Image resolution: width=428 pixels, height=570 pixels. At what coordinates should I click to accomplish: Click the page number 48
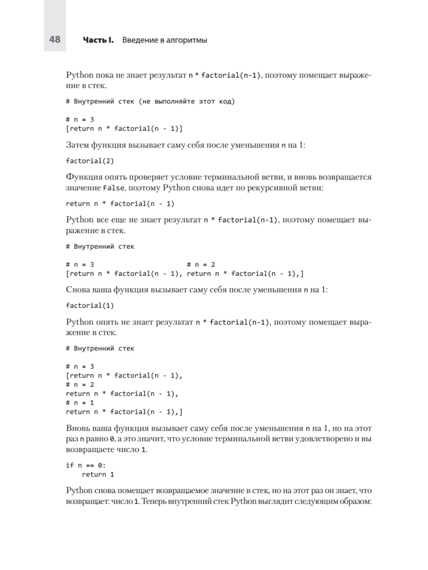[55, 39]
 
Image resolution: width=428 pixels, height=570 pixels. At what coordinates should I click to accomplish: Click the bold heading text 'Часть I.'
[98, 40]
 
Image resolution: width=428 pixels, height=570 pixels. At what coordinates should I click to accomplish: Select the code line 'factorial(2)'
[90, 161]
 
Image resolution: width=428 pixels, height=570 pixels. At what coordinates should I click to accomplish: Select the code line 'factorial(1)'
[90, 306]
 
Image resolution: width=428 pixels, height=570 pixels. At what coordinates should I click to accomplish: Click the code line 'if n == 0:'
[86, 465]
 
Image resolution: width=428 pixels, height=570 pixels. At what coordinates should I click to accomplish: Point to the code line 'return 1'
[98, 475]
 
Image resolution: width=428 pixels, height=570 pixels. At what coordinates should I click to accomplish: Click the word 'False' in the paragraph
[114, 188]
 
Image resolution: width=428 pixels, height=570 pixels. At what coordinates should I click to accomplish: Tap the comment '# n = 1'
[80, 403]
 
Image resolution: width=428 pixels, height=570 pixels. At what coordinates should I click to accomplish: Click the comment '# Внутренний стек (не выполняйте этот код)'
[151, 102]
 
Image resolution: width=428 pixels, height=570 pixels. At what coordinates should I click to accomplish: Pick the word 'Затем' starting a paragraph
[77, 145]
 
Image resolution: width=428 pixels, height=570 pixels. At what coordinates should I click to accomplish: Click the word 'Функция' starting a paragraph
[84, 177]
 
